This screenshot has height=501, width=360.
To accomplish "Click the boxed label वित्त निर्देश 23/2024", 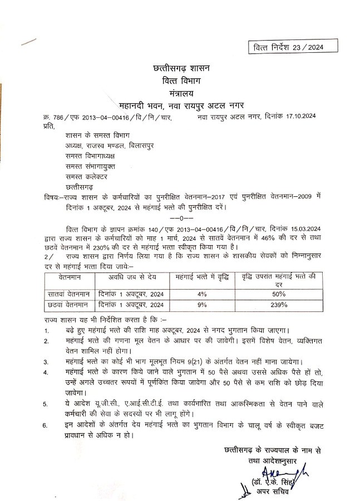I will pyautogui.click(x=288, y=47).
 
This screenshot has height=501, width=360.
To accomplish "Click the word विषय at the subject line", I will pyautogui.click(x=52, y=197).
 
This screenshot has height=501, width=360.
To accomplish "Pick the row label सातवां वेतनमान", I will pyautogui.click(x=67, y=293).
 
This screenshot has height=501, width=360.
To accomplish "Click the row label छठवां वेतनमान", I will pyautogui.click(x=67, y=305).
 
